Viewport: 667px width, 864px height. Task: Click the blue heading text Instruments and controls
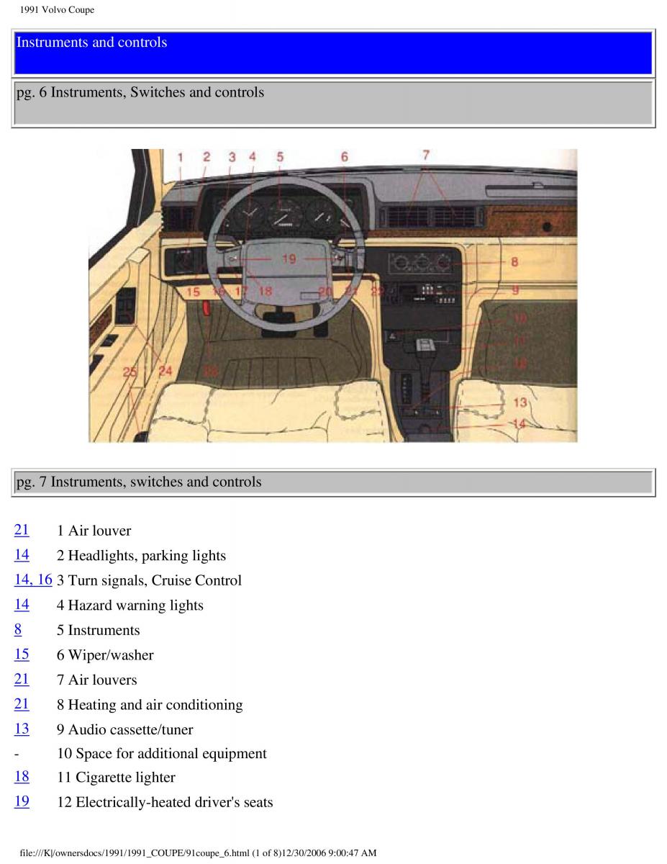(x=91, y=42)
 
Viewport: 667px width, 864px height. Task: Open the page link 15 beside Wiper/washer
(x=22, y=654)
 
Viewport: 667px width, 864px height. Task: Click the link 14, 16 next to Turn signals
(x=33, y=580)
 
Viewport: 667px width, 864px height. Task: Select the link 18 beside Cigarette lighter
(x=22, y=776)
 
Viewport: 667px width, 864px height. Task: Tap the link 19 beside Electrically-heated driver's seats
(x=22, y=801)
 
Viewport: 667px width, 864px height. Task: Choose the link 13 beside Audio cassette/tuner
(x=22, y=729)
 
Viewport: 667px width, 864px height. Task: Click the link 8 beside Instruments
(x=18, y=629)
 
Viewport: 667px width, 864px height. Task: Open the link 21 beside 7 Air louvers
(x=22, y=679)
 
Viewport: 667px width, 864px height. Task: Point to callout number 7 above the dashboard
(x=426, y=155)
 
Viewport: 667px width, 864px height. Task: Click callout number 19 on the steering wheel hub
(x=289, y=258)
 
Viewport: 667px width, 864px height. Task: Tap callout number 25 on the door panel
(x=130, y=372)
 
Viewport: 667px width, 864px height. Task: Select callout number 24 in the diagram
(x=165, y=372)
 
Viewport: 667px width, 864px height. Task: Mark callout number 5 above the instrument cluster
(x=280, y=156)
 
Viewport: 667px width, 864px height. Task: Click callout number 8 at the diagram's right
(x=514, y=262)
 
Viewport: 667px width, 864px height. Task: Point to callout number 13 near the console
(x=519, y=402)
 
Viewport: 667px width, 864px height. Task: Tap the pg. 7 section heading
(x=139, y=482)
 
